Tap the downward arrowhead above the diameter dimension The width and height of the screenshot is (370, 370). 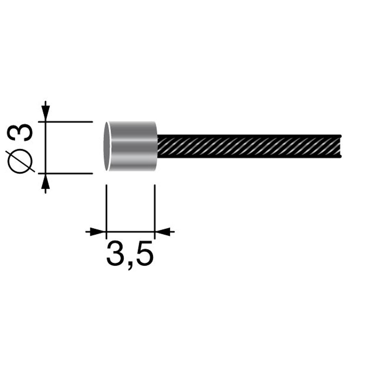pyautogui.click(x=45, y=111)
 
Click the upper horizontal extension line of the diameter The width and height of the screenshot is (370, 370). pyautogui.click(x=70, y=121)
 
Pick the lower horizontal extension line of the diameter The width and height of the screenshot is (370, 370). pyautogui.click(x=70, y=173)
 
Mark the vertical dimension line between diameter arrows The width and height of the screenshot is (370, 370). pyautogui.click(x=45, y=147)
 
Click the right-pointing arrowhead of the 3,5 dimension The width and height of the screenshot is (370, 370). pyautogui.click(x=96, y=232)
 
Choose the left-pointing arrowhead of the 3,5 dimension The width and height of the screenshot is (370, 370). pyautogui.click(x=164, y=232)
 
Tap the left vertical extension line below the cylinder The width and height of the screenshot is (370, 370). pyautogui.click(x=106, y=207)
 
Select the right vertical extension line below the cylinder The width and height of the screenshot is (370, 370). pyautogui.click(x=154, y=207)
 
